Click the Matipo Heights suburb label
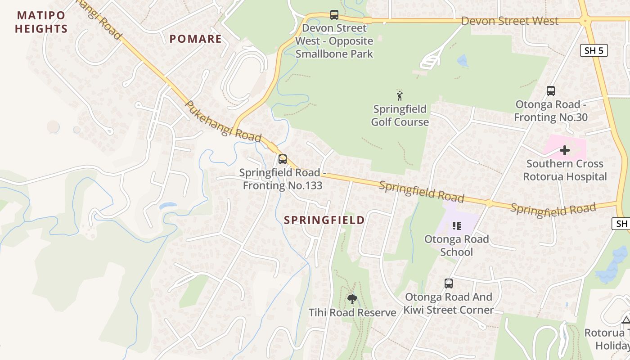click(x=41, y=22)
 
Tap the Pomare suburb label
click(x=195, y=39)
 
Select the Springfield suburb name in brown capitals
click(x=324, y=220)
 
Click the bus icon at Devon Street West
click(x=334, y=15)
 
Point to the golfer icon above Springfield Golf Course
click(x=400, y=95)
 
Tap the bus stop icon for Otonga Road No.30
click(x=550, y=91)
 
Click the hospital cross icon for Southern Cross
click(x=564, y=150)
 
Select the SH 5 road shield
click(x=594, y=50)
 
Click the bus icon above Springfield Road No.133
click(x=282, y=159)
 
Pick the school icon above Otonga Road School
click(x=456, y=225)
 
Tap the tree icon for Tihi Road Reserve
click(x=352, y=299)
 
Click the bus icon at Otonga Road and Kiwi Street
click(x=448, y=283)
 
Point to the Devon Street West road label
click(x=509, y=21)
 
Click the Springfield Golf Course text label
click(x=400, y=116)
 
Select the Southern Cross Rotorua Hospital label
click(x=565, y=170)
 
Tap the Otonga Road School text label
click(x=456, y=245)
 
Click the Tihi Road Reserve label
click(x=352, y=312)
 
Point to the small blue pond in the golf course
click(x=462, y=61)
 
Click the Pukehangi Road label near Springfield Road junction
click(x=223, y=121)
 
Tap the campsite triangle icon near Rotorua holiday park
click(x=625, y=320)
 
